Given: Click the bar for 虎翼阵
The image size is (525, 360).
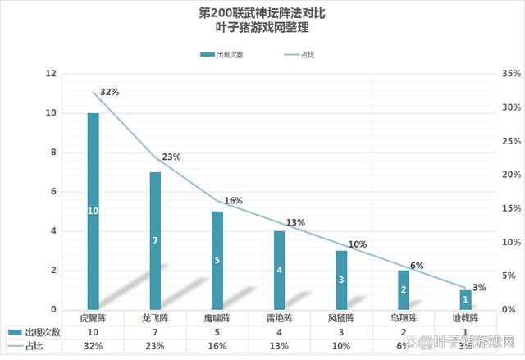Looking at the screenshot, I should (x=94, y=211).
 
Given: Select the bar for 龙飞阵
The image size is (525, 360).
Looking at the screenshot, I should (x=155, y=240).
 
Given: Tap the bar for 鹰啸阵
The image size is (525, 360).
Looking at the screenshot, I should (x=217, y=260).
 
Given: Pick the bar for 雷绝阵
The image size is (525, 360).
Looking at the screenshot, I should (x=279, y=270).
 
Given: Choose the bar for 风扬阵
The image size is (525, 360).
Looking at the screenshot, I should (x=341, y=280).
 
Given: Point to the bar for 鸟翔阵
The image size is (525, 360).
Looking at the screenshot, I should (x=404, y=289).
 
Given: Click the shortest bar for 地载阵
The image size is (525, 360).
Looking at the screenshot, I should (x=465, y=299).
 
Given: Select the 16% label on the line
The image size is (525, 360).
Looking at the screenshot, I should (x=234, y=200).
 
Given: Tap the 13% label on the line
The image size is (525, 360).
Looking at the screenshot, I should (x=295, y=222).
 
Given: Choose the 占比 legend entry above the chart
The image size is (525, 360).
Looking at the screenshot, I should (x=302, y=55).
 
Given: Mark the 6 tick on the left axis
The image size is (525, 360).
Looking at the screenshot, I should (x=53, y=192).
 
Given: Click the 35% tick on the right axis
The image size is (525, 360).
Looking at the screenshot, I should (x=509, y=74).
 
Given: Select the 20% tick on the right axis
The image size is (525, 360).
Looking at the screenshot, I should (x=509, y=175).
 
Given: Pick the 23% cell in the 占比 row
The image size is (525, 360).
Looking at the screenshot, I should (x=155, y=347).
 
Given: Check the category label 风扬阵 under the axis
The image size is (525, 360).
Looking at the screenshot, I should (x=341, y=317).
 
